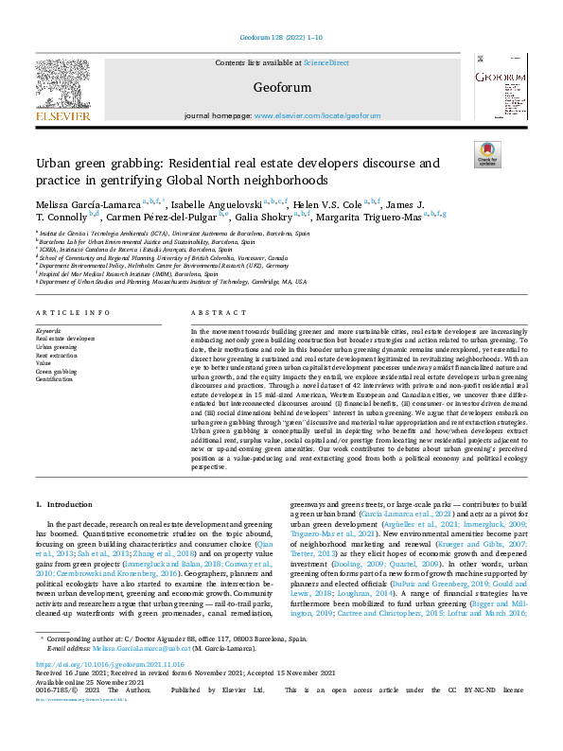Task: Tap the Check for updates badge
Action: tap(486, 154)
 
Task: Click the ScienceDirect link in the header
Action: tap(325, 62)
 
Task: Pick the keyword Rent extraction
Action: tap(57, 356)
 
